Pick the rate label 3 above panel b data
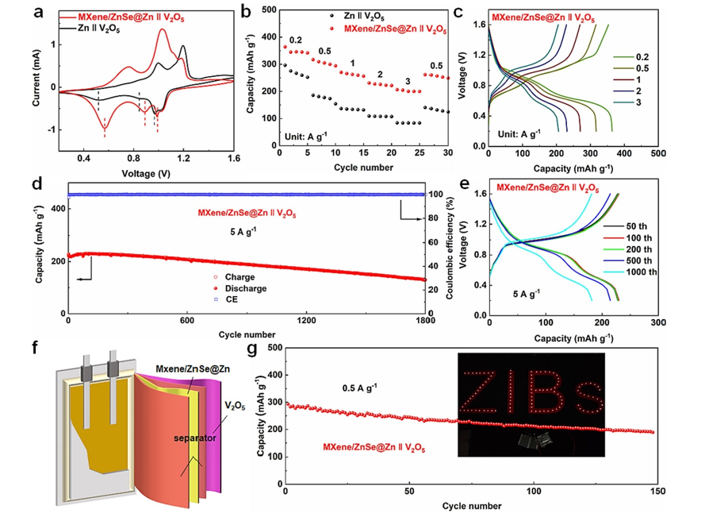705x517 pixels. tap(408, 81)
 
